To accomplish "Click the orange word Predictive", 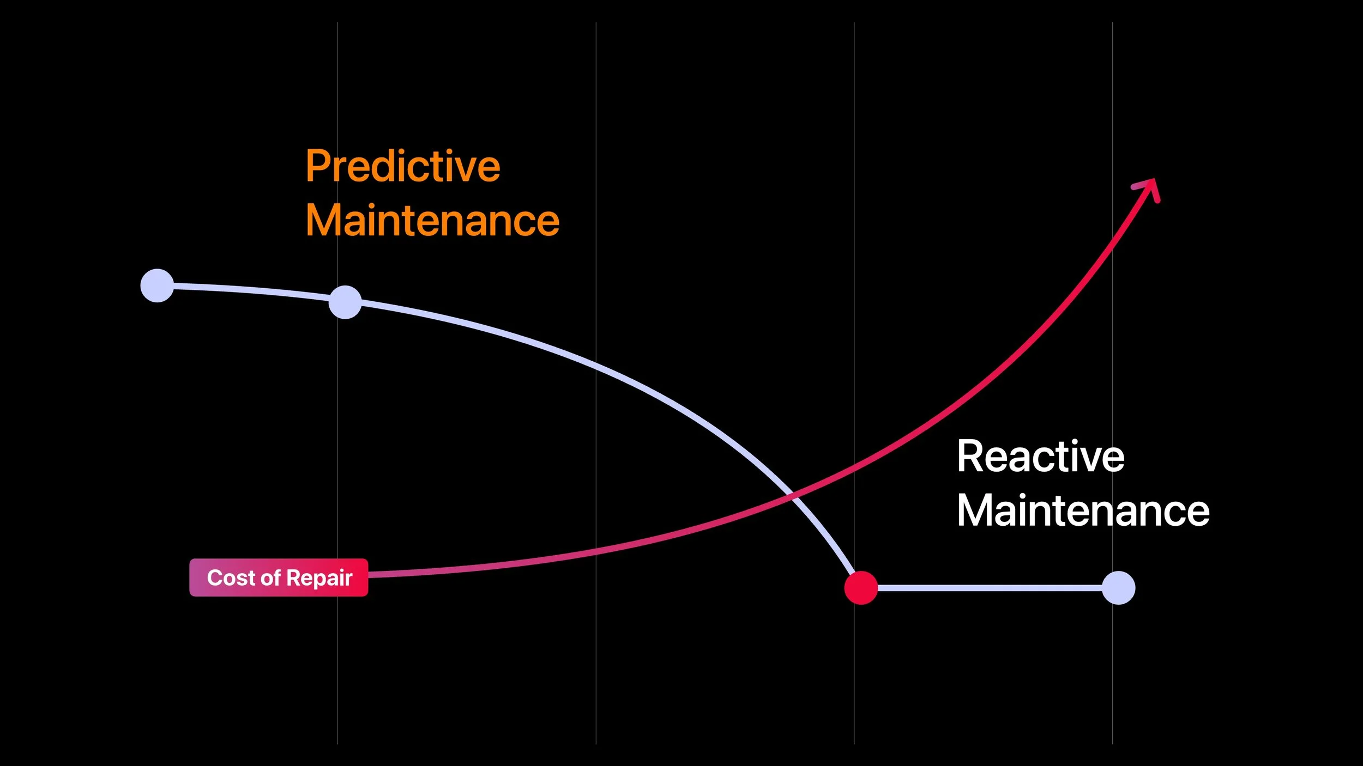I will tap(402, 166).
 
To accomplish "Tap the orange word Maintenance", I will tap(432, 221).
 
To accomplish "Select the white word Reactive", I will tap(1040, 457).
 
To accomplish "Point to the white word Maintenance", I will tap(1083, 511).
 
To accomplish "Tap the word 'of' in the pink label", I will tap(270, 577).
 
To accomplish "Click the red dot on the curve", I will tap(861, 588).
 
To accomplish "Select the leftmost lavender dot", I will tap(157, 285).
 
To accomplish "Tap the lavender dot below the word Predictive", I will tap(345, 302).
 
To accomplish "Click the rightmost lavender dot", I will tap(1118, 588).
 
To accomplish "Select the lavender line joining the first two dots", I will tap(251, 290).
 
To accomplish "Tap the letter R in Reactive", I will tap(969, 457).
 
